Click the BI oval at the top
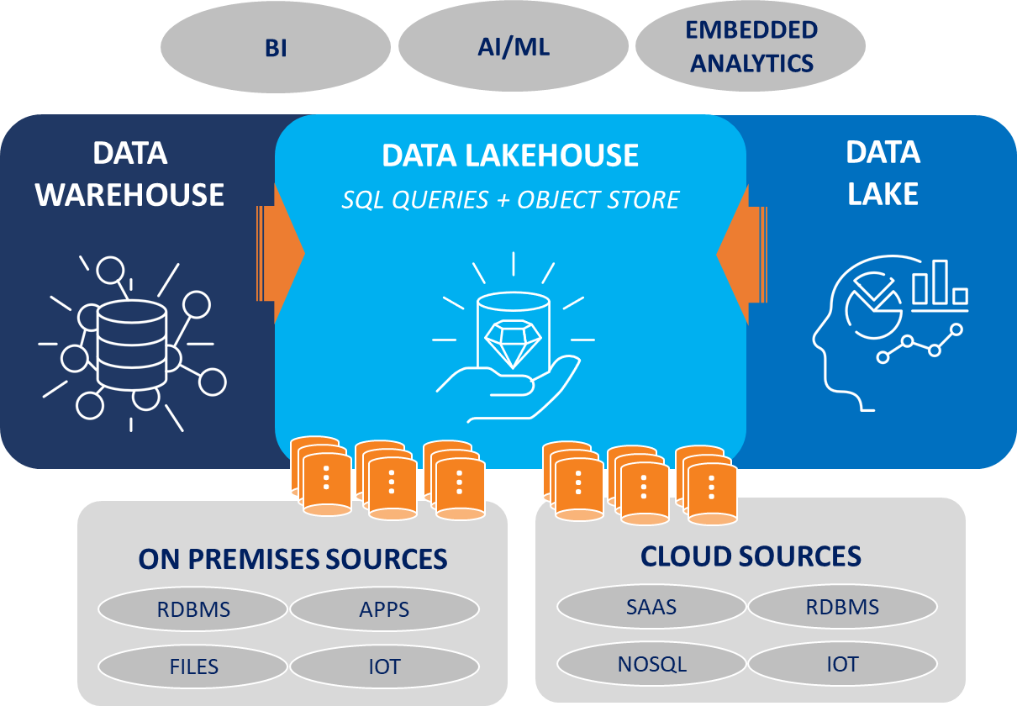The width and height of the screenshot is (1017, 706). (276, 47)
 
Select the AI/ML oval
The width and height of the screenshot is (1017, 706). (514, 46)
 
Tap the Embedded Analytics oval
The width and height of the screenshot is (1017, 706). (751, 46)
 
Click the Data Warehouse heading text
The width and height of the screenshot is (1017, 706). (129, 174)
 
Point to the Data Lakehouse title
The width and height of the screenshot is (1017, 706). (510, 155)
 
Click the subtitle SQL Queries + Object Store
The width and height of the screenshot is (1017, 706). (510, 200)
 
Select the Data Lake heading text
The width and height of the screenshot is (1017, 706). (883, 172)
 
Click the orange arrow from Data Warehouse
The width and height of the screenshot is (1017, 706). (280, 254)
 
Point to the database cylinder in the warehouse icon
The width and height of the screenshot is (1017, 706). (132, 345)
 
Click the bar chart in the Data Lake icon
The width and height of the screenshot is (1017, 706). (940, 286)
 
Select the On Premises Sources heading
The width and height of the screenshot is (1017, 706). (292, 559)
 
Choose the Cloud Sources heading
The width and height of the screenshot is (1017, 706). (751, 556)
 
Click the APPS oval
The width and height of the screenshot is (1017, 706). (385, 609)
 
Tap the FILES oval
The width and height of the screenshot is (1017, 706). (193, 666)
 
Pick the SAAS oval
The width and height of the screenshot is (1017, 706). (651, 607)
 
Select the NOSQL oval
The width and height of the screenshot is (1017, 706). (651, 664)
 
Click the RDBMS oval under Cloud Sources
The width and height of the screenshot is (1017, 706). (843, 607)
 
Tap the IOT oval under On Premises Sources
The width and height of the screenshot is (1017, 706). (385, 666)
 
